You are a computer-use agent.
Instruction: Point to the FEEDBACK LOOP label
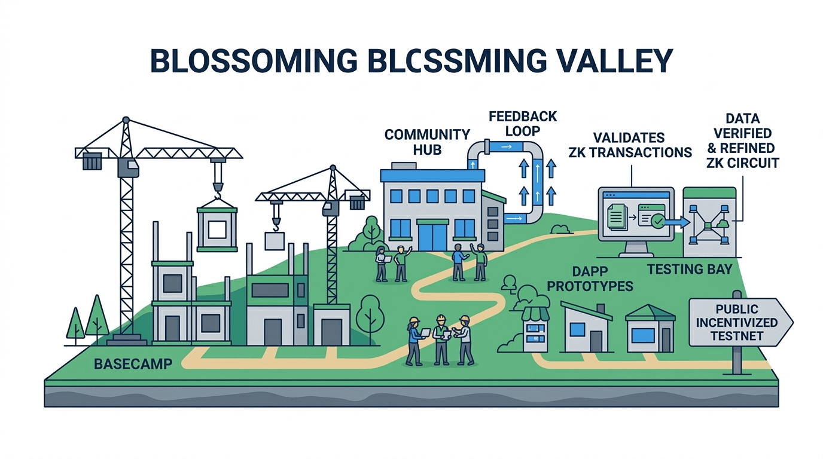(522, 123)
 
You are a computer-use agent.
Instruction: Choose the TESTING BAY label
(690, 269)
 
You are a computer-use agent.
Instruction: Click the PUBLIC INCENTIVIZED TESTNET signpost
(740, 323)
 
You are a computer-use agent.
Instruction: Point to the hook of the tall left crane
(218, 190)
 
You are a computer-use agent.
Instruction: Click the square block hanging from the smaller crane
(275, 241)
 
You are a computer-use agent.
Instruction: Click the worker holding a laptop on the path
(414, 339)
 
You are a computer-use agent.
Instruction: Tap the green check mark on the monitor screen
(657, 221)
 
